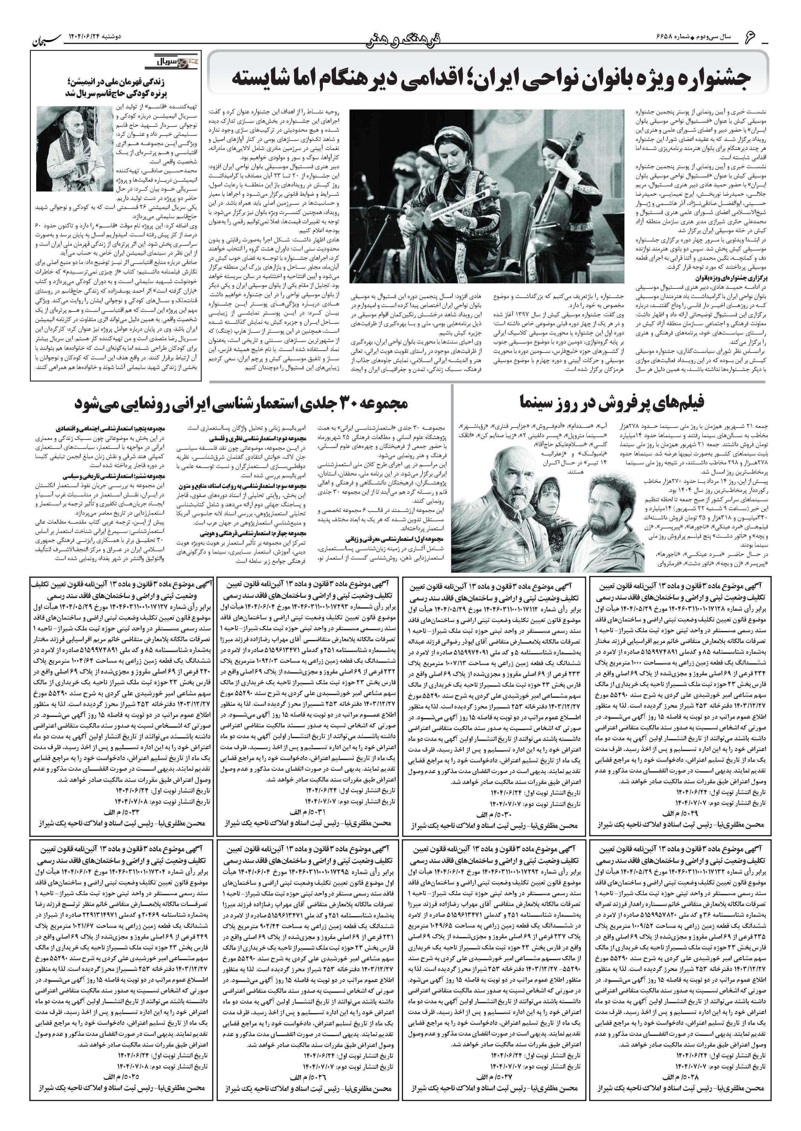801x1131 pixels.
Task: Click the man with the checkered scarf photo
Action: [x=74, y=148]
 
